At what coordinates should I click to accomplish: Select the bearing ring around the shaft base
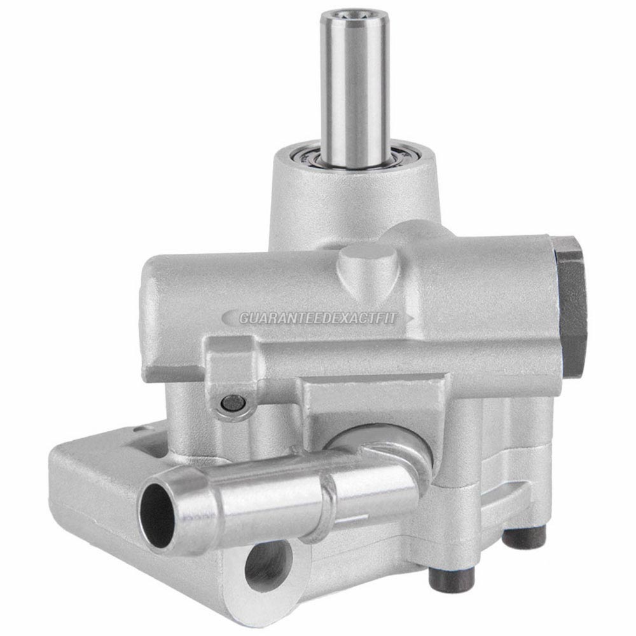point(353,156)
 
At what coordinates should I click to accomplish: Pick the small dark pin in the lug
point(233,403)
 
